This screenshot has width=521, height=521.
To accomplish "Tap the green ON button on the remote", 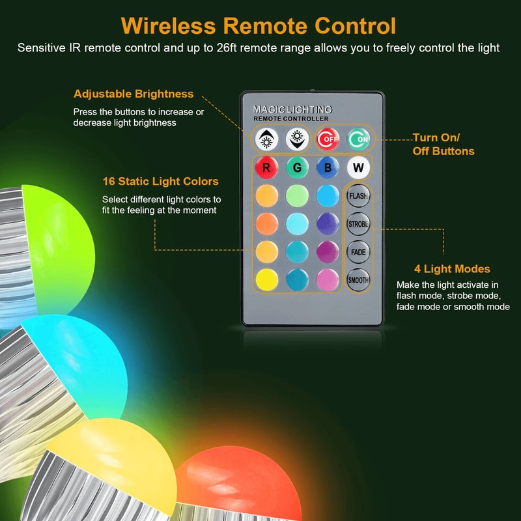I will click(358, 138).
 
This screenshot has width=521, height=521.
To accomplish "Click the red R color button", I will click(266, 167).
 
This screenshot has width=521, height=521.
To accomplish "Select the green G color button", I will click(296, 167).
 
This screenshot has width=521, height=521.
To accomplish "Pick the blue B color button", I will click(327, 167).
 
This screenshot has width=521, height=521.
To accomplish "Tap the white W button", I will click(358, 167).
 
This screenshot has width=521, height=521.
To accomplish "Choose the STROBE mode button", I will click(358, 223).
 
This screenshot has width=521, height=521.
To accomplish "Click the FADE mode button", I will click(358, 251).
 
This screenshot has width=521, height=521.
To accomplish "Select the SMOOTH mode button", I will click(358, 279).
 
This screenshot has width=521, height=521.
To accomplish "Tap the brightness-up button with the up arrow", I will click(266, 138).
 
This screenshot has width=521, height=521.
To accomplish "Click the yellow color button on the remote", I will click(266, 279).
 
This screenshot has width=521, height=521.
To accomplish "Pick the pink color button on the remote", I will click(327, 279).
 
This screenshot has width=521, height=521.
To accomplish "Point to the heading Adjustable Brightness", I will click(134, 94).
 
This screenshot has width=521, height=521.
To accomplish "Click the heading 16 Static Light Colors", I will click(160, 181).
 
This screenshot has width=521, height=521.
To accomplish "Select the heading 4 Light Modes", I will click(452, 268).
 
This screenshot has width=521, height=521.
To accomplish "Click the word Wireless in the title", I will click(169, 26).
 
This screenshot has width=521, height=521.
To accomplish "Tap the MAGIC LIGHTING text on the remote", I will click(292, 109).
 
